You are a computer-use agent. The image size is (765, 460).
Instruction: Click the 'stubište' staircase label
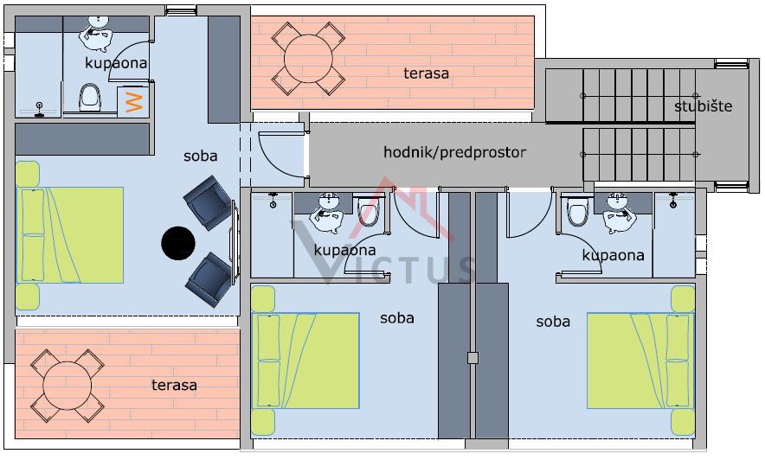(x=703, y=106)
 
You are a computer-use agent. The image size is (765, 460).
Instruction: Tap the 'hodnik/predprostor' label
(x=454, y=152)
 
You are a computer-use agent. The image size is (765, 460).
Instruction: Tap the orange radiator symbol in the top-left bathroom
(x=133, y=101)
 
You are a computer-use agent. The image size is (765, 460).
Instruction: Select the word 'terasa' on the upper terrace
(x=426, y=73)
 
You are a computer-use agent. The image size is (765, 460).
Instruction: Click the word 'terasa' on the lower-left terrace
(x=174, y=385)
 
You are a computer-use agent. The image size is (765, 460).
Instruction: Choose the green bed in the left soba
(x=69, y=235)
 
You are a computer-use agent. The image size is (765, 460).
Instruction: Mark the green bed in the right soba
(x=640, y=360)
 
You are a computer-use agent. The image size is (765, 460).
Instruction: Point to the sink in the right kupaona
(x=620, y=212)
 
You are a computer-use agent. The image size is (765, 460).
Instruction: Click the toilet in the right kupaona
(x=576, y=212)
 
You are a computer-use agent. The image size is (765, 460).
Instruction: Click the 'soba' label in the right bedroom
(x=553, y=322)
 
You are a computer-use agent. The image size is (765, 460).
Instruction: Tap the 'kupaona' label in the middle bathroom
(x=344, y=250)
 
